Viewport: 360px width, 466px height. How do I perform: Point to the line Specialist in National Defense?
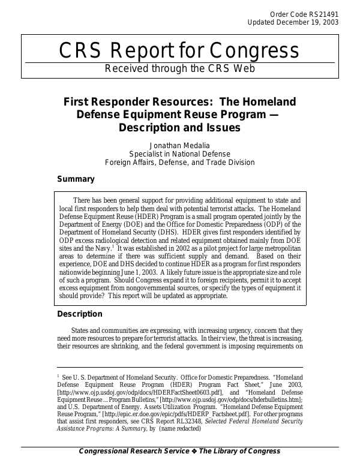[x=179, y=154]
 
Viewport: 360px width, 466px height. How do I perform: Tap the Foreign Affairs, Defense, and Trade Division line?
[x=179, y=162]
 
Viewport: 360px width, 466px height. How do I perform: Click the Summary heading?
[x=76, y=179]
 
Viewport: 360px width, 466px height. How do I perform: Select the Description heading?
[x=80, y=314]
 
